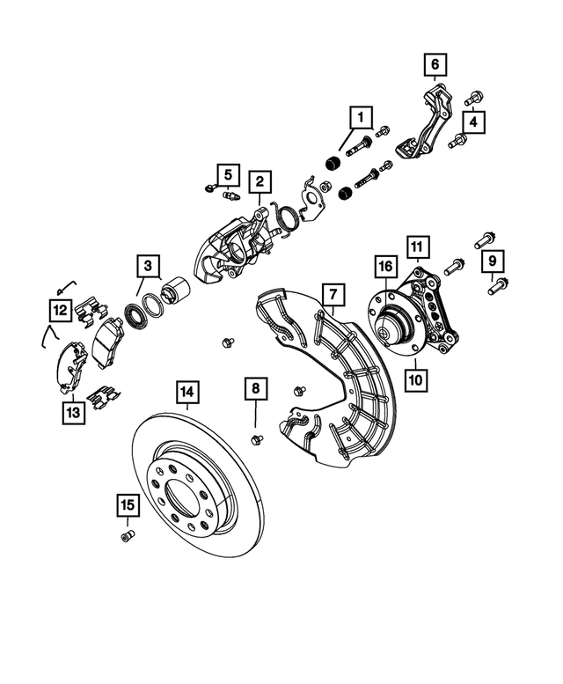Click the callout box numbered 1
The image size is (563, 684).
click(359, 115)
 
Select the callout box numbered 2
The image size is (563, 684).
click(260, 181)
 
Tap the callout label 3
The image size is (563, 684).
click(148, 264)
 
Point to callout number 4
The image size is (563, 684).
click(473, 122)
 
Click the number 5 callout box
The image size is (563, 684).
click(227, 173)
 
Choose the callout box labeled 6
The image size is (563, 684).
click(434, 63)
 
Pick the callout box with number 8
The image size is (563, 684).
click(253, 387)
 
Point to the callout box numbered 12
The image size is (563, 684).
click(59, 309)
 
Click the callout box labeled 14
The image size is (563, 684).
click(186, 389)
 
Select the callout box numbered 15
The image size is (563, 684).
click(128, 504)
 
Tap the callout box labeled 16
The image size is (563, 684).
click(384, 265)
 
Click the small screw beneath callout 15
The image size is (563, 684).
click(127, 536)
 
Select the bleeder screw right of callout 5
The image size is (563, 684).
click(231, 195)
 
